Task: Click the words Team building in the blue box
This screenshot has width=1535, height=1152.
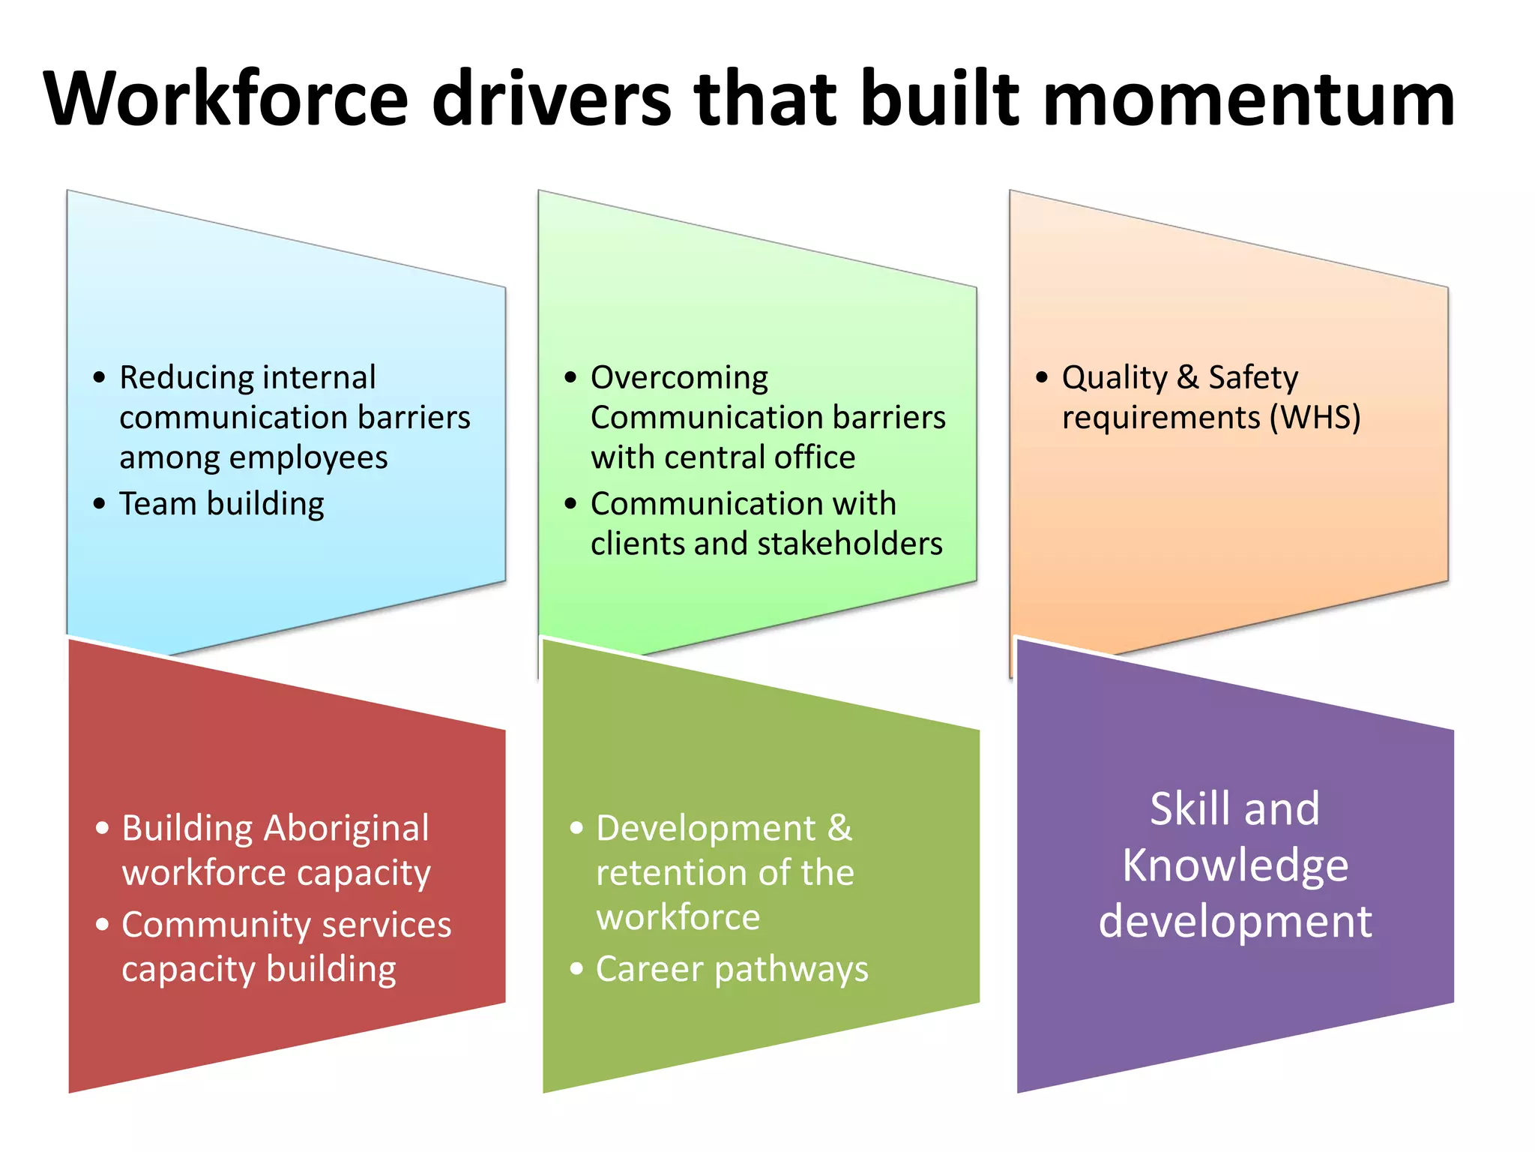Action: pos(222,504)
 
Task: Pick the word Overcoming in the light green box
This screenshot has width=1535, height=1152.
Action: pos(679,377)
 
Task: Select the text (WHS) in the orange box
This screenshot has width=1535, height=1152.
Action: pos(1315,418)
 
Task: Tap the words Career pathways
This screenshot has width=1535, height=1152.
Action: pos(732,969)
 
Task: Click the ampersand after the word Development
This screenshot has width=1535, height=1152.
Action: pos(840,829)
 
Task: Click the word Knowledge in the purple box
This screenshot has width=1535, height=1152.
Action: pos(1235,865)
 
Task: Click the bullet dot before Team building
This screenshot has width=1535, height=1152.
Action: pos(100,504)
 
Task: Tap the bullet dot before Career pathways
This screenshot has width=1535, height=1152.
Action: pos(576,969)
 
